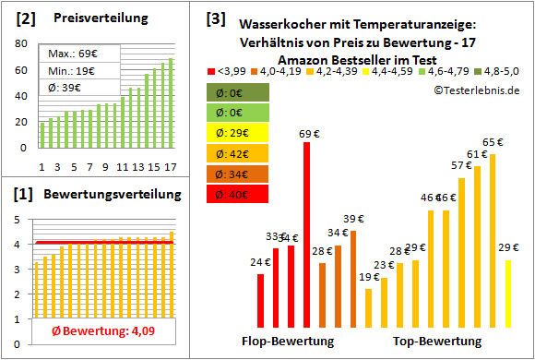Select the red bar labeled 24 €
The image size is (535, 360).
[260, 302]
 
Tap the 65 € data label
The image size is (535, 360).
[493, 142]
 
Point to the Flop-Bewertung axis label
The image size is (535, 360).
[288, 341]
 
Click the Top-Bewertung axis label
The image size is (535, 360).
[437, 341]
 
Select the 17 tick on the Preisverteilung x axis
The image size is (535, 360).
[169, 167]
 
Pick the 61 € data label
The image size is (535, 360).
[477, 154]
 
